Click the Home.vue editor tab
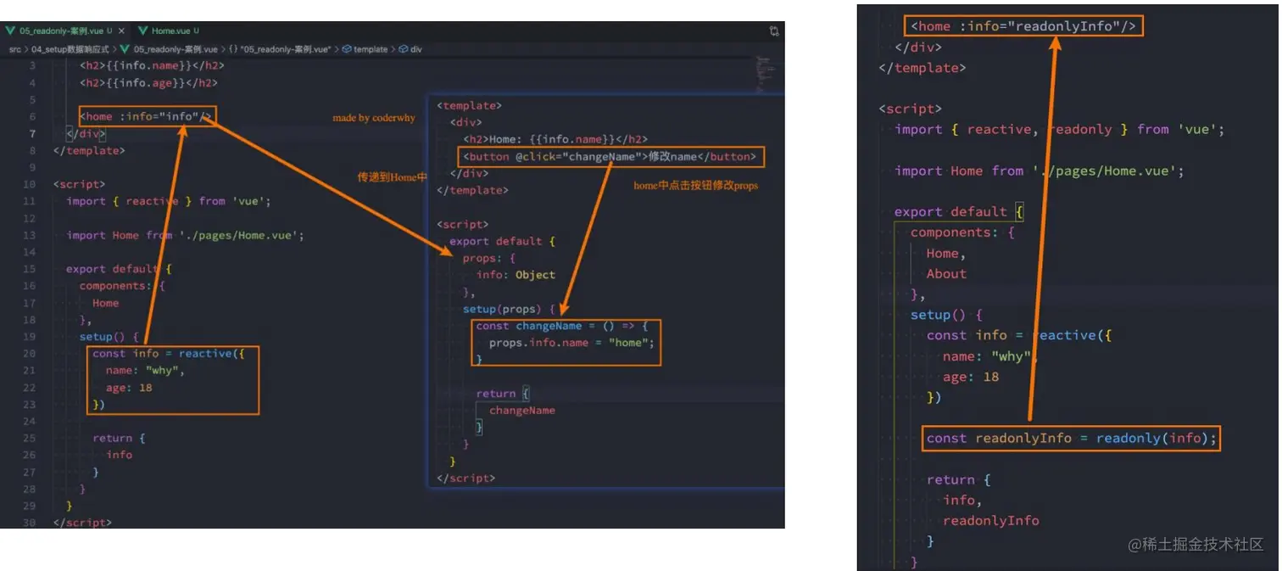170,31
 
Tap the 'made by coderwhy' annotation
374,118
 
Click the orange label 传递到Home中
392,176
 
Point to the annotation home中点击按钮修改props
695,185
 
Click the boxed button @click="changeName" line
610,157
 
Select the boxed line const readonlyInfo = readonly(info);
1072,439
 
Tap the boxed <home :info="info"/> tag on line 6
146,116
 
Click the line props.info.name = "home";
571,343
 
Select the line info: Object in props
516,275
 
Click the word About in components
945,274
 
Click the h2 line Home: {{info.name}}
555,139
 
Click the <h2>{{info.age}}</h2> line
148,83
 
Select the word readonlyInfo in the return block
990,521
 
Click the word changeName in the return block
521,411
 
